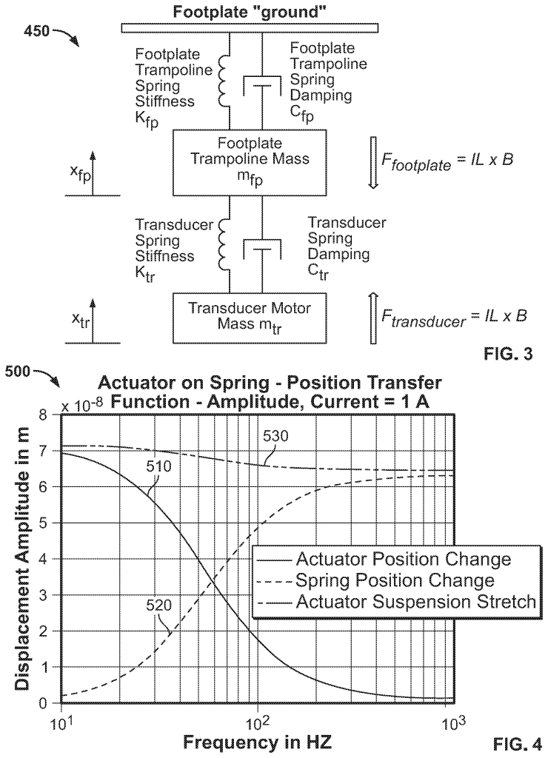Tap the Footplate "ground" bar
point(261,28)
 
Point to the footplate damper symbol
point(261,87)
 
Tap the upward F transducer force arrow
point(372,316)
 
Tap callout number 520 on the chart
point(159,605)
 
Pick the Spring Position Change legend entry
point(395,580)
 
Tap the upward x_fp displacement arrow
point(93,172)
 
